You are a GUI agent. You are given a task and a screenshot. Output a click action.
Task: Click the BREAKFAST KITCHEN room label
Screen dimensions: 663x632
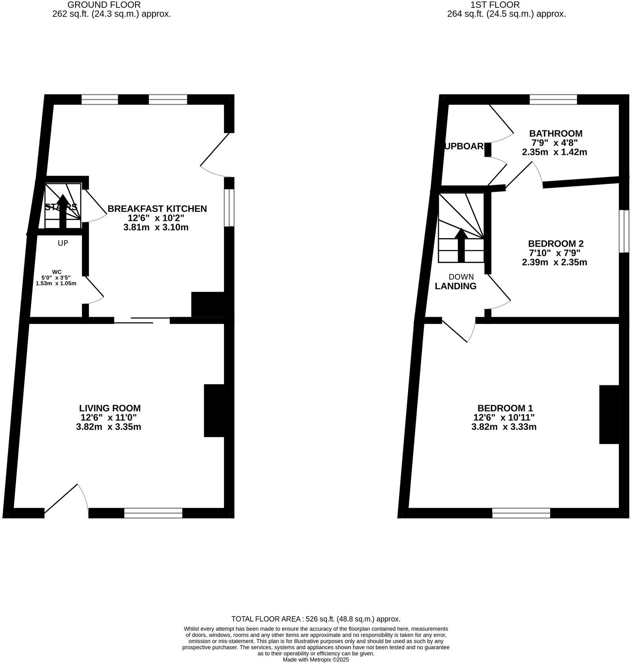157,208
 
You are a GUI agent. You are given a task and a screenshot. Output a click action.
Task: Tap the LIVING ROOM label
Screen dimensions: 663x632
110,408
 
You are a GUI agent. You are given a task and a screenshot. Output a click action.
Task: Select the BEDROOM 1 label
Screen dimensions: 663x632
505,408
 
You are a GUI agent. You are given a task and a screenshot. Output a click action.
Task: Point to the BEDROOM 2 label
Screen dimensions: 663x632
555,244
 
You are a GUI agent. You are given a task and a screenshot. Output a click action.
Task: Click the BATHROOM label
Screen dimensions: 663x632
555,133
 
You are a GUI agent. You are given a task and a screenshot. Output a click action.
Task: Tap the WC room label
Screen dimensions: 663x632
57,272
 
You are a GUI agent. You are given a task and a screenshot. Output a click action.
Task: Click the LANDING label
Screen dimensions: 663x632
455,286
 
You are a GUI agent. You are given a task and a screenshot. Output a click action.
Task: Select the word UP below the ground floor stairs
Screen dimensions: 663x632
63,243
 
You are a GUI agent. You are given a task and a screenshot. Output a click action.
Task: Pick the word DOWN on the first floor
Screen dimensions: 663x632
461,277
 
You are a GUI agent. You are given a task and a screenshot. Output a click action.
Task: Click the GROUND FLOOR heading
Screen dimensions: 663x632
104,5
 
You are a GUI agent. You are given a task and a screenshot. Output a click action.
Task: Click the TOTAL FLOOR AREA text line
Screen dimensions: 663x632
316,619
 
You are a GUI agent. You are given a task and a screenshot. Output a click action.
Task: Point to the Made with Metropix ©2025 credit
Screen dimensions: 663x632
316,659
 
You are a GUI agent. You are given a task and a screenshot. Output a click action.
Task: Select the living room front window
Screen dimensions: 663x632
153,513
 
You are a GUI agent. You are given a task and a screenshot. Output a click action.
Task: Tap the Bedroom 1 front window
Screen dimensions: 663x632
521,513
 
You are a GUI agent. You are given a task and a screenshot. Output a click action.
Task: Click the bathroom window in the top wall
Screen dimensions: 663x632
553,99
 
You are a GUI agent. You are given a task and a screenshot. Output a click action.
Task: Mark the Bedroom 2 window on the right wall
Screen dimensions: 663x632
624,231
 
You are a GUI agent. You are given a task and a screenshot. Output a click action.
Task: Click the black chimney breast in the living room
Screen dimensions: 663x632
214,411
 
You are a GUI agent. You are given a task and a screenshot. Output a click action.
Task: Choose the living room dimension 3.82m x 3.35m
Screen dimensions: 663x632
109,427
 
